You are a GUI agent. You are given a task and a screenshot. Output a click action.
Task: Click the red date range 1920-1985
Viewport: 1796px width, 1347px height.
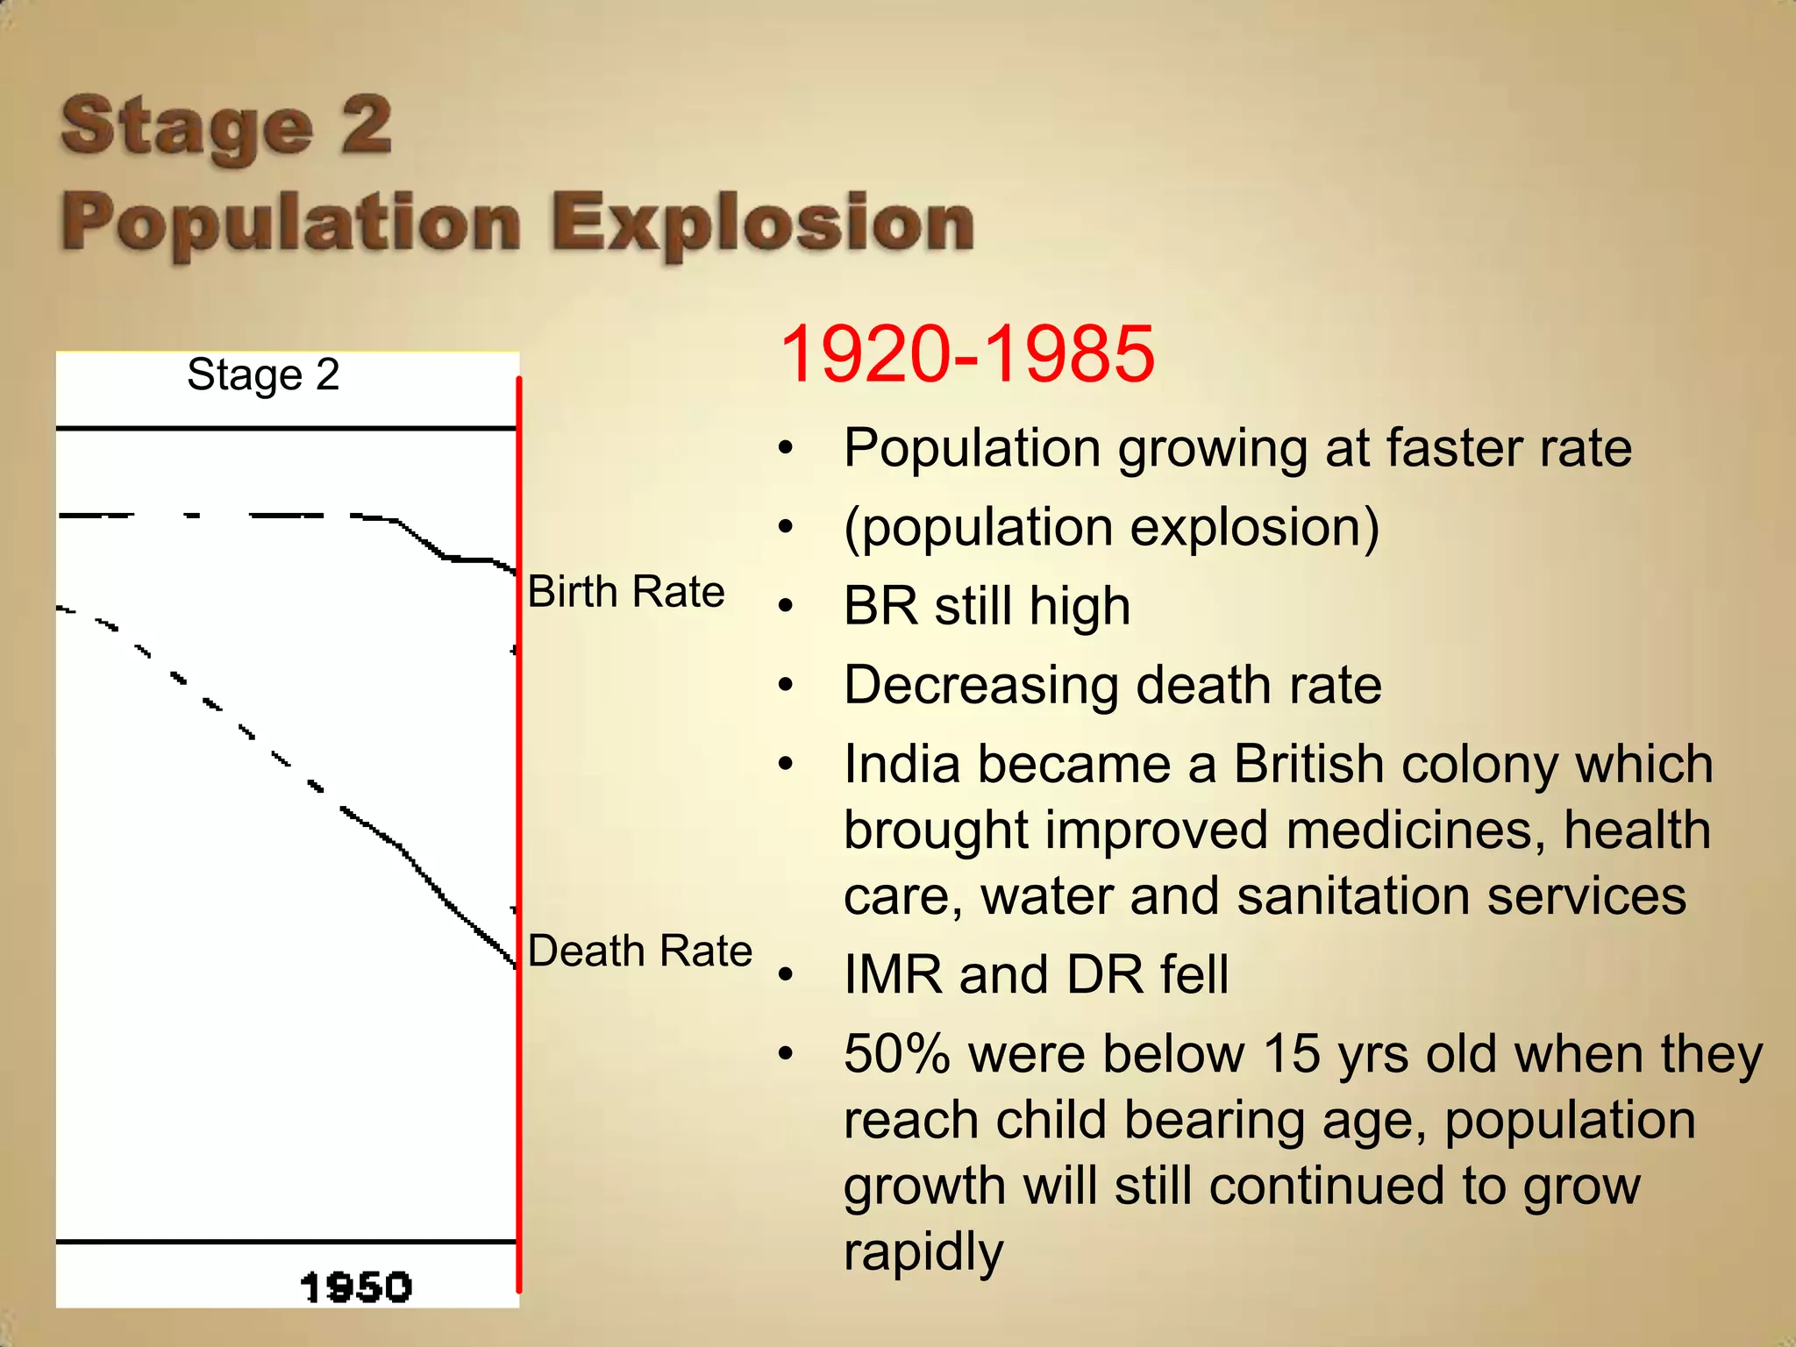pyautogui.click(x=966, y=354)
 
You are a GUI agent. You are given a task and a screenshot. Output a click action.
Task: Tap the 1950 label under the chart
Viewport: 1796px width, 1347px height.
pyautogui.click(x=355, y=1287)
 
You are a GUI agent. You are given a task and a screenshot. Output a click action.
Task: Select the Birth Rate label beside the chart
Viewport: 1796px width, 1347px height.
pyautogui.click(x=626, y=592)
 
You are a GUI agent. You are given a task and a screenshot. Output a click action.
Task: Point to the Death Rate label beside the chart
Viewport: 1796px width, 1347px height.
pyautogui.click(x=640, y=951)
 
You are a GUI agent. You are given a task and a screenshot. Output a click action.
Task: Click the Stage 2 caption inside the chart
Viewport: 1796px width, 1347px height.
pyautogui.click(x=263, y=375)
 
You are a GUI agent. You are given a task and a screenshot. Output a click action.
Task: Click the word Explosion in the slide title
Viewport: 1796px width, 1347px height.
pyautogui.click(x=763, y=223)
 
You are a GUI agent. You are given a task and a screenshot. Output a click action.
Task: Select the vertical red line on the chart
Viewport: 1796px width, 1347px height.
pyautogui.click(x=519, y=833)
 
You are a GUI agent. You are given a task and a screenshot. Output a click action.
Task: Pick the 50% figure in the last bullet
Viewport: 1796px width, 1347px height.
pyautogui.click(x=897, y=1054)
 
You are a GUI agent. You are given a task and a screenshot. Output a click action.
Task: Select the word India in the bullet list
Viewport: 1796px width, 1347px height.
pyautogui.click(x=902, y=765)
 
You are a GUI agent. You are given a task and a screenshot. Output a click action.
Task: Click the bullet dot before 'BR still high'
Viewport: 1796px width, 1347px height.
pyautogui.click(x=786, y=606)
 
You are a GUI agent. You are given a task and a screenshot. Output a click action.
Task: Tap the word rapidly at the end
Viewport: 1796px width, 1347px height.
pyautogui.click(x=923, y=1252)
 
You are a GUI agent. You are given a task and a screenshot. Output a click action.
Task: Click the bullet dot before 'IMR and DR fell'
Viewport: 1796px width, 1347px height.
pyautogui.click(x=786, y=975)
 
